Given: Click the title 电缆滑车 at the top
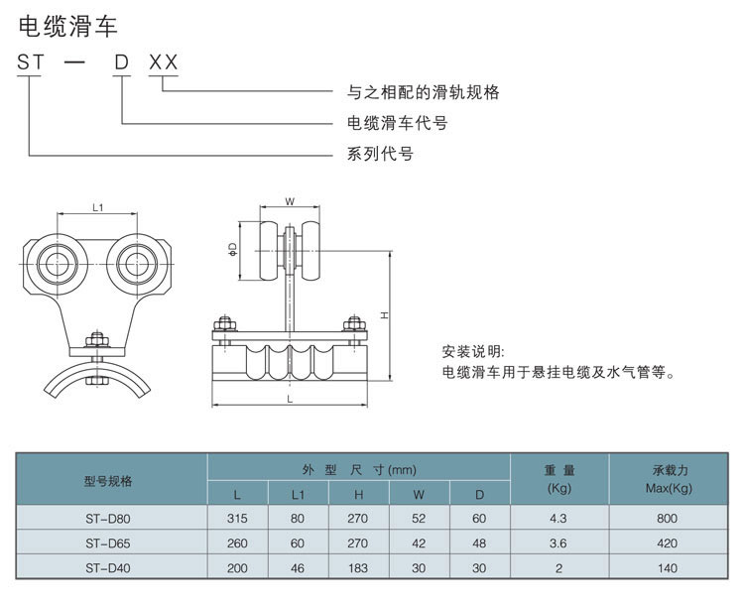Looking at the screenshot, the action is pos(67,26).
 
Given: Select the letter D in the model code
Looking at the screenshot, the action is pos(121,62).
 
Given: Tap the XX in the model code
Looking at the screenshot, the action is pos(164,62).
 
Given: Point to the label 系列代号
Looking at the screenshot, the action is pos(380,154).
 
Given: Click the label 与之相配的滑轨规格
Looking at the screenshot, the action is pos(423,91).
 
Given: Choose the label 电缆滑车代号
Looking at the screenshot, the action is pos(397,123).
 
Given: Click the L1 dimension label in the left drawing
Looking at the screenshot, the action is pos(98,207).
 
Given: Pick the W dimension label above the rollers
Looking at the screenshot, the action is pos(290,201).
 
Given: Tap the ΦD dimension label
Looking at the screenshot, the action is pos(232,250).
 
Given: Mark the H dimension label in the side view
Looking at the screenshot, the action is pos(384,315).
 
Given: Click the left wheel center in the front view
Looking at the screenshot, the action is pos(57,264).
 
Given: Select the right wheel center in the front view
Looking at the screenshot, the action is pos(137,264).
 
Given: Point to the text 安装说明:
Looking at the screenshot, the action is pos(473,351).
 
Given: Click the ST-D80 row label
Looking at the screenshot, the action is pos(108,519).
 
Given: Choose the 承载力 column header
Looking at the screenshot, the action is pos(670,470).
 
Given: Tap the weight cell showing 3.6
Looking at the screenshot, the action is pos(558,543).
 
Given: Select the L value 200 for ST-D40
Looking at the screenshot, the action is pos(237,568).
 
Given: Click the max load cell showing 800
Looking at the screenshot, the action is pos(668,519).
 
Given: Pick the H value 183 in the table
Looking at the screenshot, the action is pos(358,568).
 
